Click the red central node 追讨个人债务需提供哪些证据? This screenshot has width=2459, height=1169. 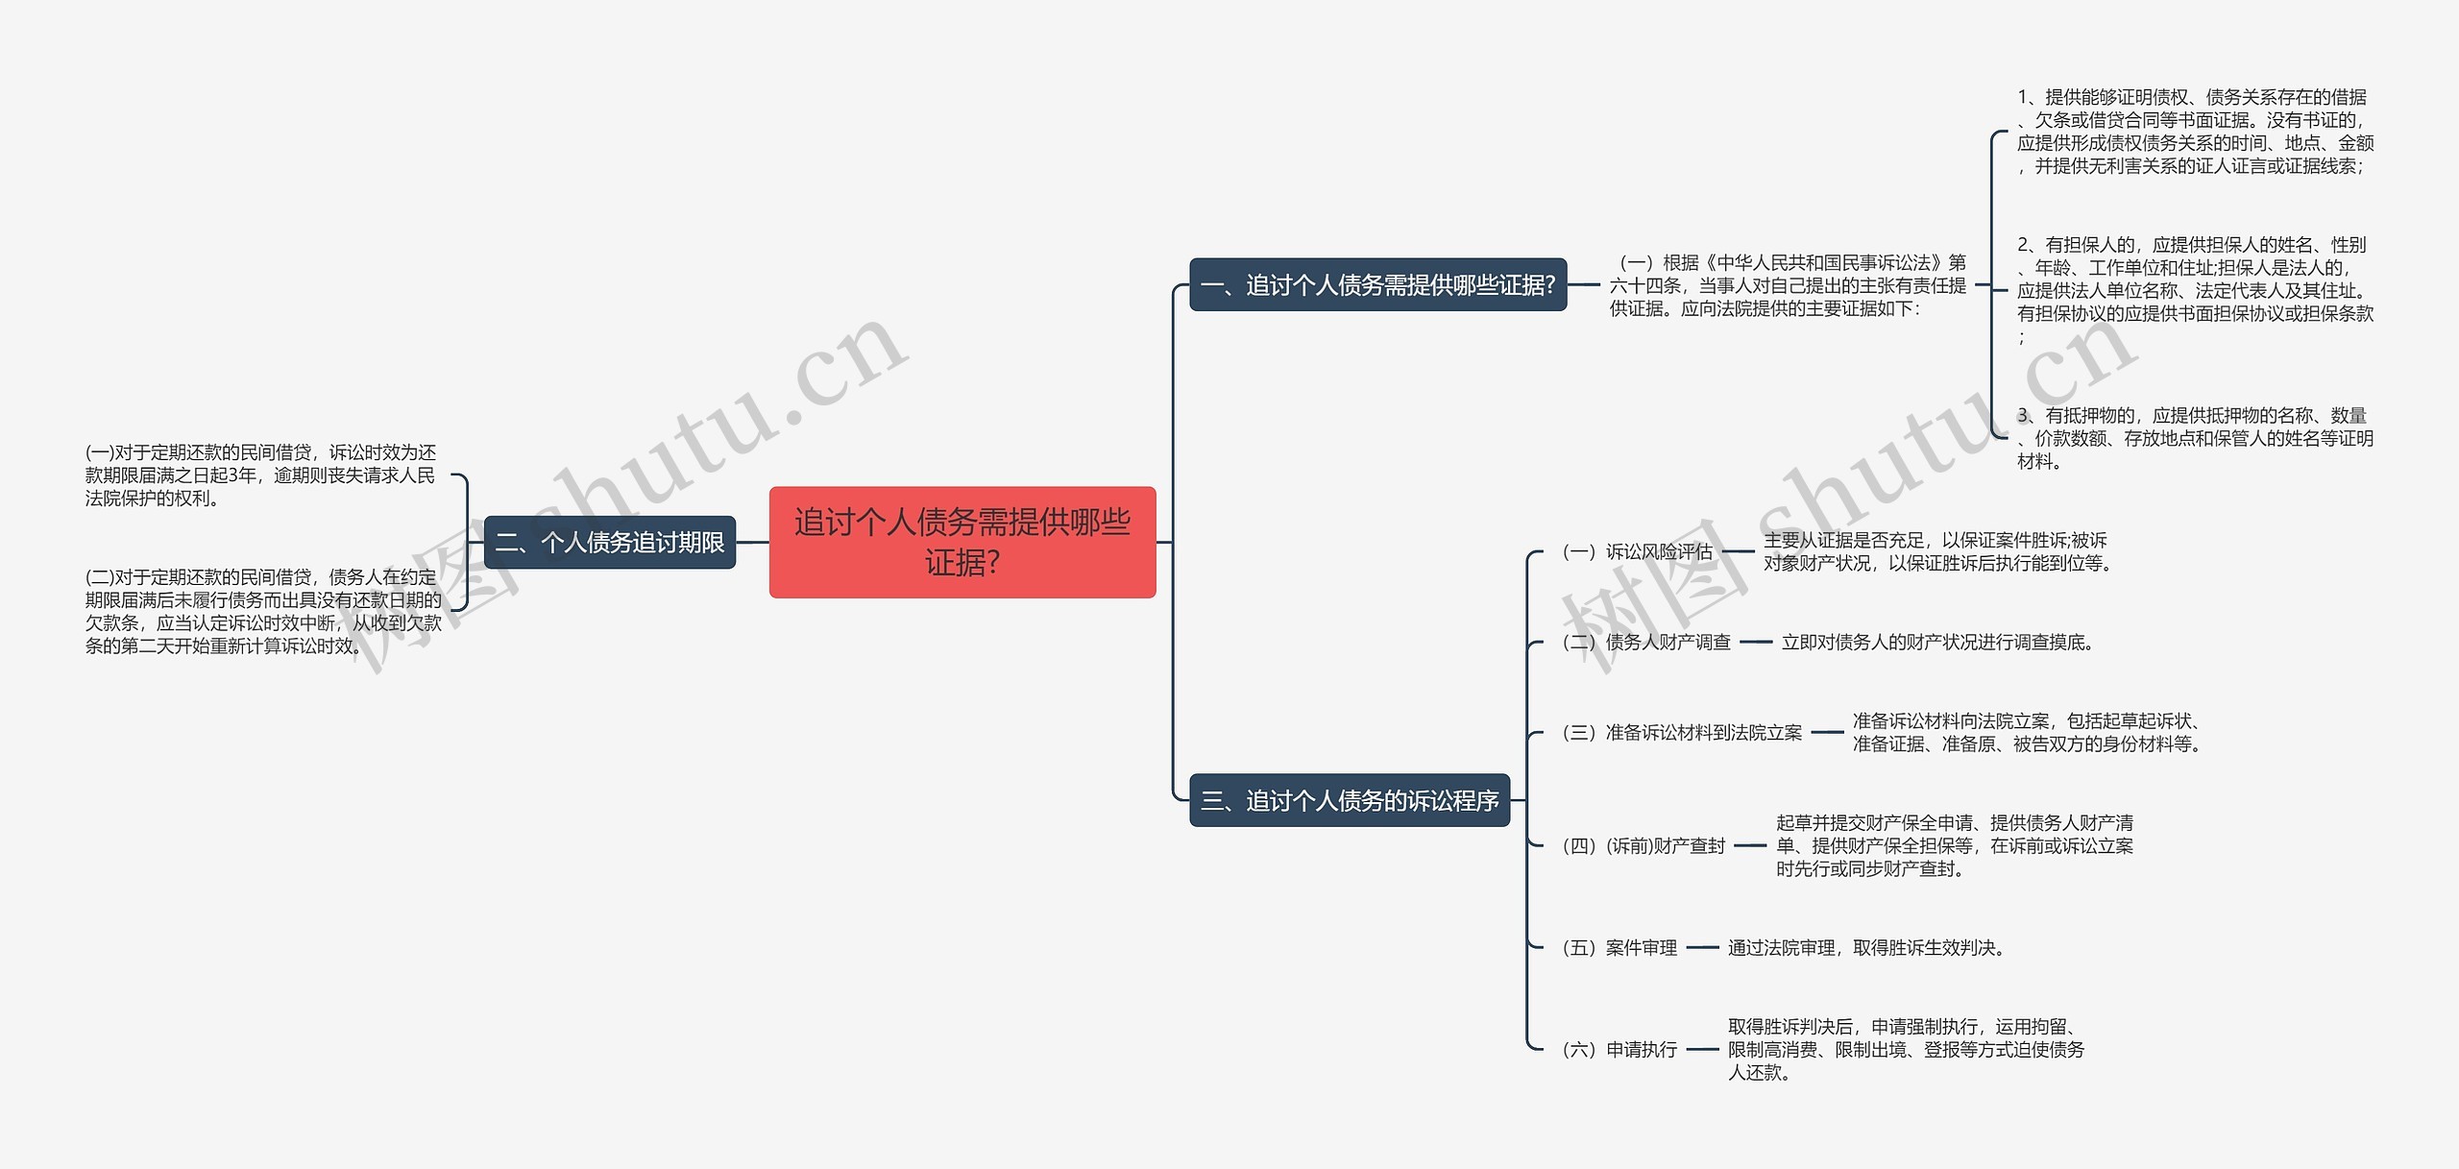point(962,542)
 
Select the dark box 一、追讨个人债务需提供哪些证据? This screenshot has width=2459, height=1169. point(1377,284)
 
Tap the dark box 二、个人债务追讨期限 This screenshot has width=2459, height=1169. point(609,543)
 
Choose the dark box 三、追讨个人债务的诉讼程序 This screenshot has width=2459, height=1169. point(1349,800)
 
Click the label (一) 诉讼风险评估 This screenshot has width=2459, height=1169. point(1637,551)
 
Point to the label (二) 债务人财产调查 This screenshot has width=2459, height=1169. point(1646,642)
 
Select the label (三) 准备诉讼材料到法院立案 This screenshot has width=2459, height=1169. point(1682,732)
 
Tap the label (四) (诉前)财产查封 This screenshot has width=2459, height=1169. point(1643,845)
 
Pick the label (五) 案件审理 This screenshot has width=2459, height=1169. point(1619,947)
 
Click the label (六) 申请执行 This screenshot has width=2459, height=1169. point(1619,1049)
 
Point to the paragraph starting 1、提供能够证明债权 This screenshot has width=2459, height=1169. point(2194,132)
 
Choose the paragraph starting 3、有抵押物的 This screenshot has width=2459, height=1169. point(2194,438)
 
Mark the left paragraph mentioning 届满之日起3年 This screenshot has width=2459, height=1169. point(260,475)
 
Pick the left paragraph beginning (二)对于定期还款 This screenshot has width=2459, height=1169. point(263,611)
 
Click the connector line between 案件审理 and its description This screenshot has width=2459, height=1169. point(1702,947)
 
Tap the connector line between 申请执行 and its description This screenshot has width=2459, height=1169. point(1702,1049)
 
